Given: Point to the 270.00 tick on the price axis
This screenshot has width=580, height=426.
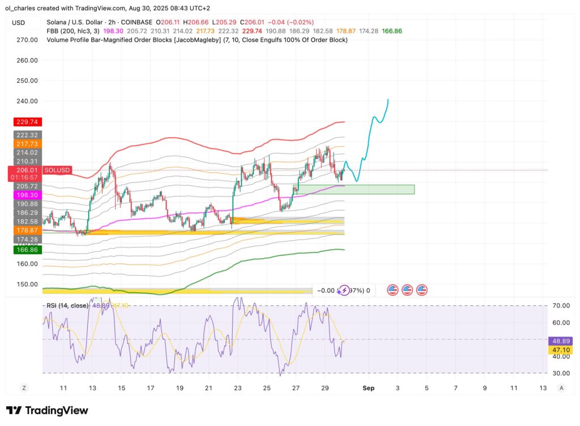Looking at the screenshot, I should pyautogui.click(x=27, y=40).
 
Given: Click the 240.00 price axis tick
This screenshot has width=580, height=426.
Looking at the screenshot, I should pyautogui.click(x=27, y=101).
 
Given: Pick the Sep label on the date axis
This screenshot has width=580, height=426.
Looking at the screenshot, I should pyautogui.click(x=369, y=387).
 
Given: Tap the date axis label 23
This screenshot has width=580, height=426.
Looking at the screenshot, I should pyautogui.click(x=237, y=387).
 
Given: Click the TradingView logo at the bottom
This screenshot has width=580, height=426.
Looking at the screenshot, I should pyautogui.click(x=47, y=410).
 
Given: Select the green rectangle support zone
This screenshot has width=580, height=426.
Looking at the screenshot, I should pyautogui.click(x=356, y=189).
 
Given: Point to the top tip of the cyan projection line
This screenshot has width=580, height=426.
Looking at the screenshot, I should pyautogui.click(x=388, y=100).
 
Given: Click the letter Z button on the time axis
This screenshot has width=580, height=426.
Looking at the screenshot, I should pyautogui.click(x=24, y=387).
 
